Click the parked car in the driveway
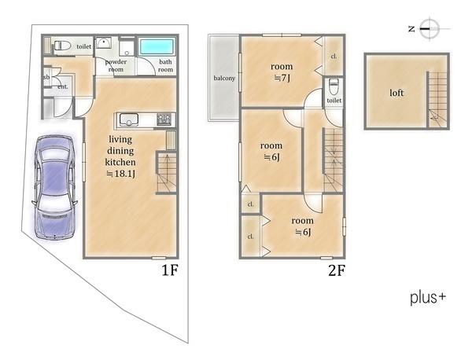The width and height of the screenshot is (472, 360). [54, 187]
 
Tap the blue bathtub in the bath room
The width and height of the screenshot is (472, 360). [157, 46]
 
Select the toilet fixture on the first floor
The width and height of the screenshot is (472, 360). [62, 46]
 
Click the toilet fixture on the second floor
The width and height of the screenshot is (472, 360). [334, 86]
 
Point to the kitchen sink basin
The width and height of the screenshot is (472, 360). [129, 119]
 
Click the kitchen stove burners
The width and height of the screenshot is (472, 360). [164, 119]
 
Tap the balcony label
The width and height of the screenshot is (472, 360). [224, 78]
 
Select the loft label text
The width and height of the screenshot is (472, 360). [396, 93]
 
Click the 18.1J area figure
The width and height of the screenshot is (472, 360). [121, 174]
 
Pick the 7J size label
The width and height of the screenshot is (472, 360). [282, 78]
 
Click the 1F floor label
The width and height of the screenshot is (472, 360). [170, 270]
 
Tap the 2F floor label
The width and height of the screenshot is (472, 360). [337, 270]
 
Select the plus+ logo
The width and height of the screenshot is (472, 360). [428, 297]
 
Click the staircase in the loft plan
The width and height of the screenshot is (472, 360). [437, 100]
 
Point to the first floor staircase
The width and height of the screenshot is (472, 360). [166, 173]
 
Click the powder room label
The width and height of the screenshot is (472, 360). [116, 65]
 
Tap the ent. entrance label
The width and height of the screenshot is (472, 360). [63, 86]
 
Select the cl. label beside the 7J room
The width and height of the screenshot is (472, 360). [334, 57]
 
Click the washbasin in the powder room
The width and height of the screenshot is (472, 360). [104, 42]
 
